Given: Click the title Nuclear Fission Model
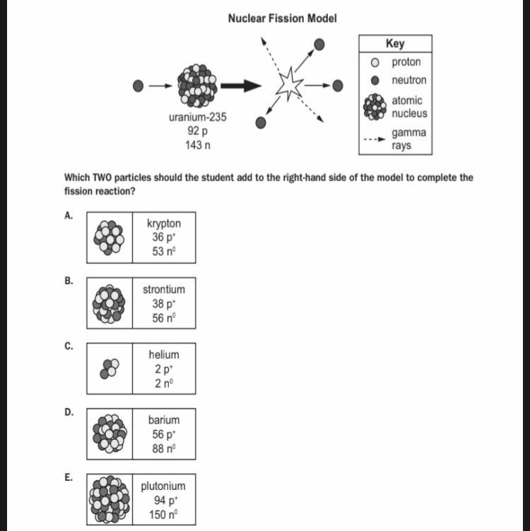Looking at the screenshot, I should coord(282,18).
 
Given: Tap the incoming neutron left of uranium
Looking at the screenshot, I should coord(139,86).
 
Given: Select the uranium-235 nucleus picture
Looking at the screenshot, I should coord(197,85).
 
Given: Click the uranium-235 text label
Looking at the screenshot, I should coord(198,117).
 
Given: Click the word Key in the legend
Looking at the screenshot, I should coord(395,43).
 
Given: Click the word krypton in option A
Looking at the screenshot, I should coord(164,223).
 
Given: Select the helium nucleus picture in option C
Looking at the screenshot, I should coord(110,368).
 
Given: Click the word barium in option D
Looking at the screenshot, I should coord(164,420).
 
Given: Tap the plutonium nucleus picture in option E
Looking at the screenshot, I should coord(110,499).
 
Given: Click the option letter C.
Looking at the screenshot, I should coord(68,346).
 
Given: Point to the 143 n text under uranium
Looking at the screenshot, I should coord(197,145).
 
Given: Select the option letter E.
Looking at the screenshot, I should coord(68,477).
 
